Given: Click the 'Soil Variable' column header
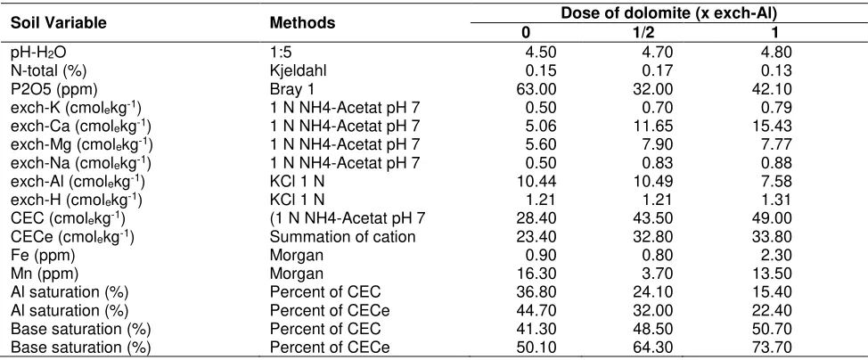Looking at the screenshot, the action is coord(59,23).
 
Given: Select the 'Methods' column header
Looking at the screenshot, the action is coord(302,23).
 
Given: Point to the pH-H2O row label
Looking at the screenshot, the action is coord(42,53).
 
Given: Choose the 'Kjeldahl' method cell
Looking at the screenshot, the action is coord(295,70).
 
